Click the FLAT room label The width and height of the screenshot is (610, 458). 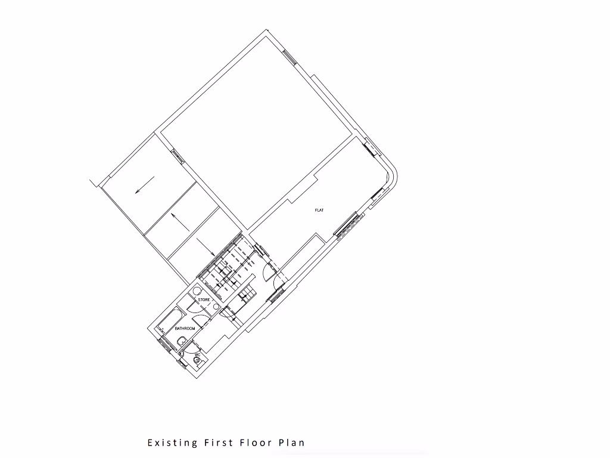pyautogui.click(x=319, y=211)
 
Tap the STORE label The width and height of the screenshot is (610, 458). pyautogui.click(x=204, y=299)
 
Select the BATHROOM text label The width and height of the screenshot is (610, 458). pyautogui.click(x=185, y=329)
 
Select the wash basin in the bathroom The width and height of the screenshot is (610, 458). pyautogui.click(x=180, y=341)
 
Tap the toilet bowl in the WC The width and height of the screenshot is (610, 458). pyautogui.click(x=197, y=360)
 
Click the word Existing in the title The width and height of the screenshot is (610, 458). pyautogui.click(x=172, y=442)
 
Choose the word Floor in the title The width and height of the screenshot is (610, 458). pyautogui.click(x=256, y=442)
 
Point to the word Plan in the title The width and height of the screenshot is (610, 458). pyautogui.click(x=292, y=442)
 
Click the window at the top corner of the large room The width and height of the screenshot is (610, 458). pyautogui.click(x=290, y=57)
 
